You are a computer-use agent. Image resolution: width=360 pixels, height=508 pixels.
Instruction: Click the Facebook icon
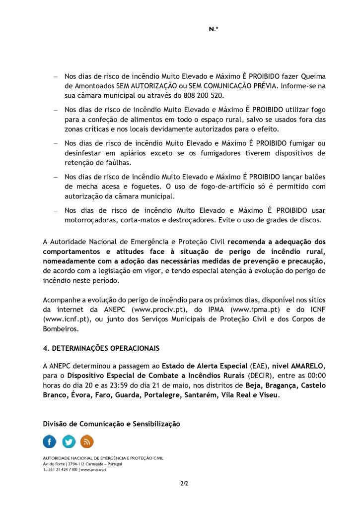tap(50, 441)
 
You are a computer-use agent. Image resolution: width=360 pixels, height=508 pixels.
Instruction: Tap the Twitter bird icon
tap(69, 441)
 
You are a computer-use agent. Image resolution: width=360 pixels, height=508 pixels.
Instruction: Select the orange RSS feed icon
tap(87, 441)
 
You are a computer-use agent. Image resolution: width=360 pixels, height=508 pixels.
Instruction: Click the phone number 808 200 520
tap(203, 95)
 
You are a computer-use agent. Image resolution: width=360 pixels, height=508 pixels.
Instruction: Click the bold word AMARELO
tap(305, 366)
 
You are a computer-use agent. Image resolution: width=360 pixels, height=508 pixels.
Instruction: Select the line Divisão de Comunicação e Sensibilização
tap(112, 424)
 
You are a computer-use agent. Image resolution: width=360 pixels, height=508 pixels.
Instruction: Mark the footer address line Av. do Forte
tap(82, 463)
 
